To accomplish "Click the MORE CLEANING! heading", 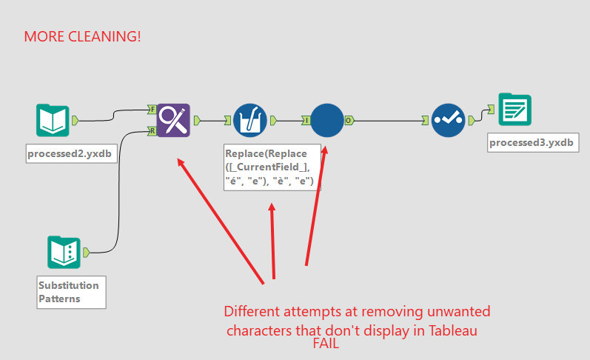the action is click(82, 36).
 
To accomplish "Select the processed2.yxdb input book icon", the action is click(53, 120).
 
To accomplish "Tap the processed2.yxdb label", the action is click(72, 153).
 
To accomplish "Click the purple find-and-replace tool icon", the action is click(173, 120).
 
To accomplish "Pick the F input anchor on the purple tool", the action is click(152, 110).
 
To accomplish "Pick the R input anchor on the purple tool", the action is click(152, 131).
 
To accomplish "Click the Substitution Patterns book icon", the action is click(64, 253).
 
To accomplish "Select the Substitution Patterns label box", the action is click(72, 292).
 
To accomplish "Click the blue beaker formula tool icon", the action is click(250, 121).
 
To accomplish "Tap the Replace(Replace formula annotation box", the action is click(272, 167).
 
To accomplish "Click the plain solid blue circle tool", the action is click(327, 121).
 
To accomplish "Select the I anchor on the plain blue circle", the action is click(306, 121).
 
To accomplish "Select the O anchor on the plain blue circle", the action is click(349, 121).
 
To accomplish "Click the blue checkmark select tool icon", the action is click(448, 121).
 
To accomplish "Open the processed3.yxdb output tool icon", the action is click(514, 109).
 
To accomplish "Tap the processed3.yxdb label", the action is click(533, 143).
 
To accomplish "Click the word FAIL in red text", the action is click(326, 344).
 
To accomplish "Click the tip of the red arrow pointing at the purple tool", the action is click(178, 159).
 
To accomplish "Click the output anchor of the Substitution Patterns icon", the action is click(86, 253).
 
